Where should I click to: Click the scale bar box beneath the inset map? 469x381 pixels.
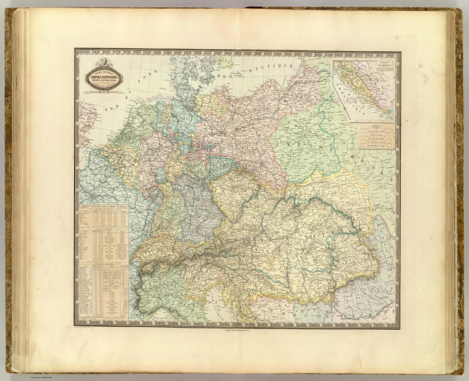coord(377,136)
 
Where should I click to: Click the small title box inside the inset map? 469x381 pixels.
coord(380,73)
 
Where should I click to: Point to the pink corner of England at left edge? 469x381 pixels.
coord(85,117)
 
